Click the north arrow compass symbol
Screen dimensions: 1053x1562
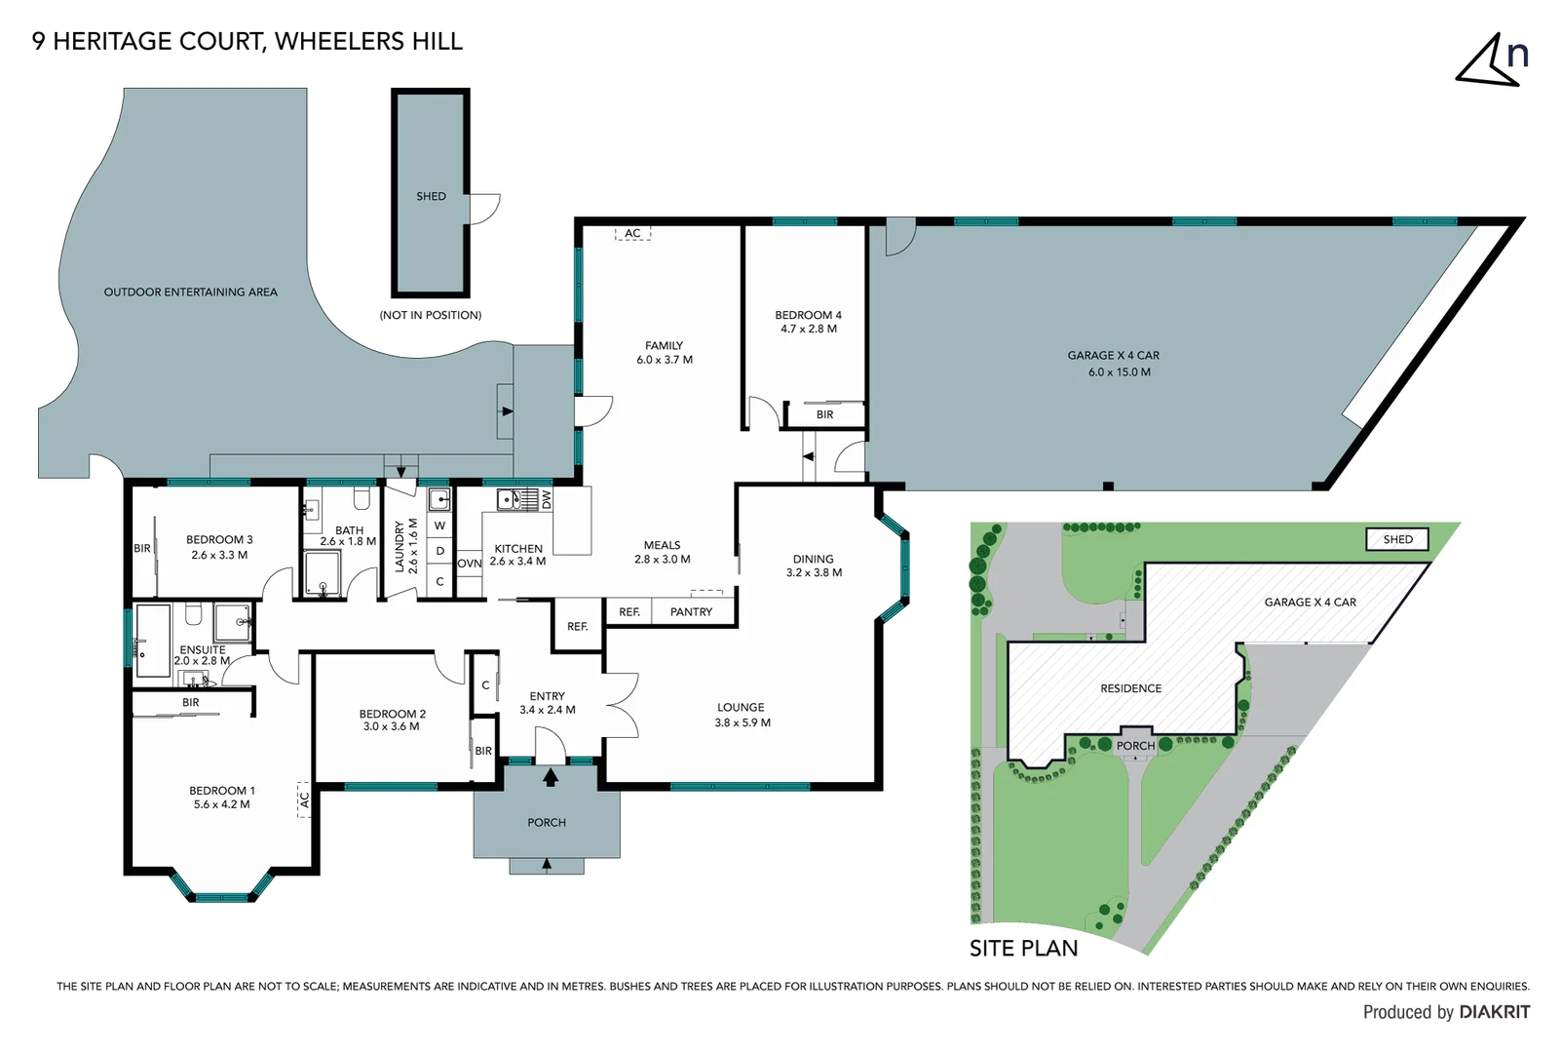coord(1491,60)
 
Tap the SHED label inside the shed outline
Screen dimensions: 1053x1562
coord(431,196)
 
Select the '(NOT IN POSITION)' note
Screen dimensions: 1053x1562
coord(430,315)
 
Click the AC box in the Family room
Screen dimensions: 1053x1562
coord(632,233)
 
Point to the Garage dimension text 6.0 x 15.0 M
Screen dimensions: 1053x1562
coord(1119,372)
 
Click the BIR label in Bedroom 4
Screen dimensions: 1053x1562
coord(824,414)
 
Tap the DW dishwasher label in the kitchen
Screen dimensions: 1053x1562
coord(547,500)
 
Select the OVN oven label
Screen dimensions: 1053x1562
coord(469,564)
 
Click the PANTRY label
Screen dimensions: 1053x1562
coord(691,612)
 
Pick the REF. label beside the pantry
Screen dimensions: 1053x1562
coord(629,612)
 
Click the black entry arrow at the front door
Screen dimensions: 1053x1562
coord(551,777)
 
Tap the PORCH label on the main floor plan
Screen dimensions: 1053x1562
coord(547,823)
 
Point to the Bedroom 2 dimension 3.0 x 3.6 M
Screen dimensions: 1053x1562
coord(392,726)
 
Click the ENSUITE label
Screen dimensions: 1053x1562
coord(203,649)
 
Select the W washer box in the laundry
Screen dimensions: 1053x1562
coord(439,526)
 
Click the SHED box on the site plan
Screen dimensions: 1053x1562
coord(1397,539)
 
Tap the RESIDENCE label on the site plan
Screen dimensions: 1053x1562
coord(1130,688)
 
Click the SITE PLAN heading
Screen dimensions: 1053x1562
coord(1023,949)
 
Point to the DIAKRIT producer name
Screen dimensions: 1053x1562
coord(1494,1012)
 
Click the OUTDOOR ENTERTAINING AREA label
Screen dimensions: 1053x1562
coord(190,292)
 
